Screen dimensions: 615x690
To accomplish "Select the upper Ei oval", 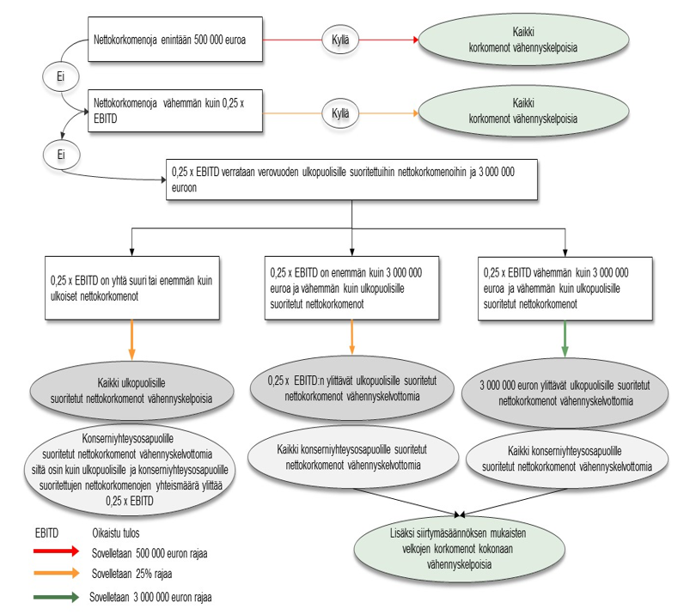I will click(x=61, y=76).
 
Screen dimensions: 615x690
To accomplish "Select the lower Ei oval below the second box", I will click(x=61, y=155).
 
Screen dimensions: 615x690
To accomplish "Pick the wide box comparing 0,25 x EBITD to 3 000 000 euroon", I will click(x=352, y=179).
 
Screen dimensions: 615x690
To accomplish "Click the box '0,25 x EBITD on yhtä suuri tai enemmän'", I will click(x=132, y=287).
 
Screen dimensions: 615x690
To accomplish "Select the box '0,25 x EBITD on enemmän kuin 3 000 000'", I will click(x=352, y=287).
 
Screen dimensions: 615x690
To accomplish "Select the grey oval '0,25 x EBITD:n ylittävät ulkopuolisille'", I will click(x=352, y=387).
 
